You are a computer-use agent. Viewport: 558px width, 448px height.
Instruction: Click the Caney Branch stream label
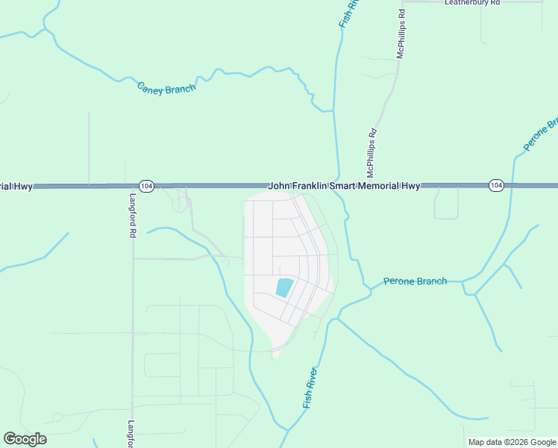(166, 87)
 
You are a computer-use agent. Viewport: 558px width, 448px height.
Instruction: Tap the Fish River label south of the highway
(310, 387)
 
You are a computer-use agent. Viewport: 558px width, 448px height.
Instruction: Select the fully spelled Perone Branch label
(415, 281)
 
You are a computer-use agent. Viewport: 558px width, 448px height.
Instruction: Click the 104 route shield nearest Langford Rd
(146, 186)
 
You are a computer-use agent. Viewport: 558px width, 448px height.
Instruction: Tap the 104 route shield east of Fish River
(496, 184)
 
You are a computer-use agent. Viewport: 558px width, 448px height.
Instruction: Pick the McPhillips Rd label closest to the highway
(372, 152)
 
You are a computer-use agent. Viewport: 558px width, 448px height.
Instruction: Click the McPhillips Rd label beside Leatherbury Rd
(401, 34)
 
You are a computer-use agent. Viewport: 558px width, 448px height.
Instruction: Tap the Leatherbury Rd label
(471, 3)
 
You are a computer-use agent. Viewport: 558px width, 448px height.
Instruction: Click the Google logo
(25, 439)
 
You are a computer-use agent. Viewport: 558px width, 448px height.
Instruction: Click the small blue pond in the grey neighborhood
(284, 287)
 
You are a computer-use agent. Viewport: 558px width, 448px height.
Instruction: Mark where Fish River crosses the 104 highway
(338, 185)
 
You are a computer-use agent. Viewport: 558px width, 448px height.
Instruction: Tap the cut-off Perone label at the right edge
(542, 135)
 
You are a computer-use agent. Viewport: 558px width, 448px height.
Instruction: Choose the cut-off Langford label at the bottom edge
(131, 432)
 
